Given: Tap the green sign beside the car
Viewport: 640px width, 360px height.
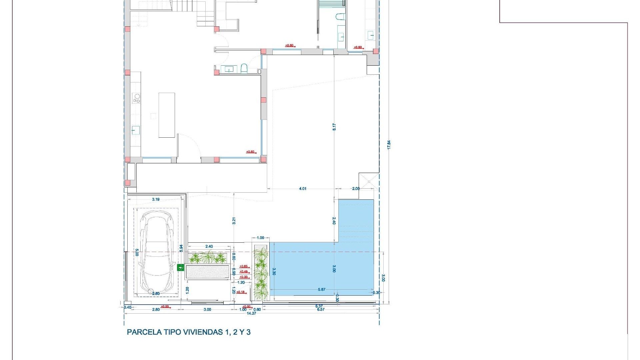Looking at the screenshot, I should [180, 267].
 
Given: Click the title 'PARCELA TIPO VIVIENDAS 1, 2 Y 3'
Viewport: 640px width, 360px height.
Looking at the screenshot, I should [189, 332].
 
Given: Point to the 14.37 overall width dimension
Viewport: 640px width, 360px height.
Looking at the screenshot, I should [251, 313].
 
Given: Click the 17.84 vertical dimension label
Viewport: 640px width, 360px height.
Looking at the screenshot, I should [389, 145].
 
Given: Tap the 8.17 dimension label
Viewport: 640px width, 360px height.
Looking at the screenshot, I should [334, 127].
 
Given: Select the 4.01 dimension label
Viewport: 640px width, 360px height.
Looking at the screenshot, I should [302, 189].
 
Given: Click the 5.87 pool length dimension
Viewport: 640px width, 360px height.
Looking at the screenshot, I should [322, 289].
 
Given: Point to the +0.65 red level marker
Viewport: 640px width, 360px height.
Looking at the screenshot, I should [244, 266].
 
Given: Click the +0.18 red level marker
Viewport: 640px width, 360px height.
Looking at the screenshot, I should [240, 292].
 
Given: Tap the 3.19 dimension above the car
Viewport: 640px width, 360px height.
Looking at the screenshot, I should [156, 199].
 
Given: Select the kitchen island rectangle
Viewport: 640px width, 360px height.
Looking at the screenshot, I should [167, 115].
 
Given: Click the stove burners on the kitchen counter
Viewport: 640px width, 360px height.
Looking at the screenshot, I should [137, 98].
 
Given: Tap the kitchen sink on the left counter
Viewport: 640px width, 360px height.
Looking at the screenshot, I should [135, 130].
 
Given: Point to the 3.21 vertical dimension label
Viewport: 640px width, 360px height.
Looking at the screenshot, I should [234, 221].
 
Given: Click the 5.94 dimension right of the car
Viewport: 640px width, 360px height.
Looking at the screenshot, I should [181, 248].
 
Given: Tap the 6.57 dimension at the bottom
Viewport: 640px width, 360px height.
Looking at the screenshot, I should [321, 309].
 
